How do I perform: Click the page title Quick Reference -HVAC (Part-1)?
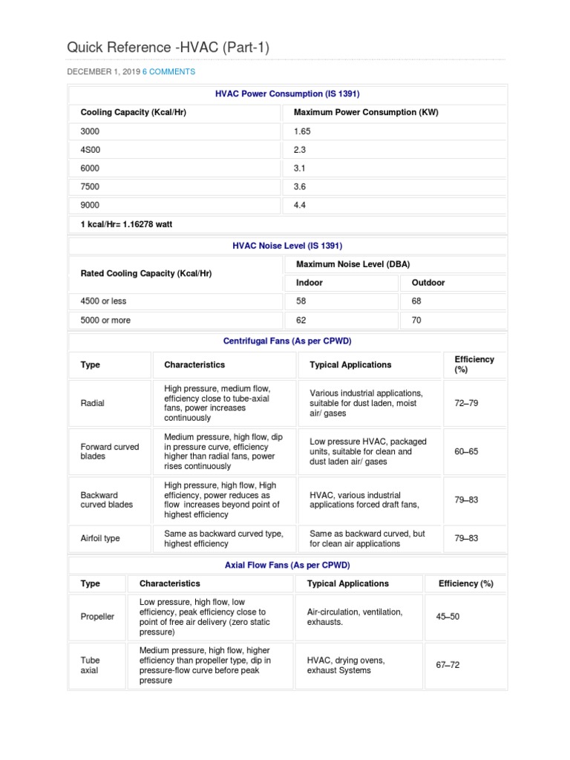click(168, 47)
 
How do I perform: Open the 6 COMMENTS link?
click(168, 72)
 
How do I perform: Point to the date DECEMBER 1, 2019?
click(103, 72)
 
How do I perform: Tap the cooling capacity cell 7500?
click(90, 186)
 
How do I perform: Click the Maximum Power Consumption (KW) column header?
click(366, 112)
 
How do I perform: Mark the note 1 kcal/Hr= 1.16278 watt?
click(126, 224)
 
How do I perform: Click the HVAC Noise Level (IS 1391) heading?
click(287, 245)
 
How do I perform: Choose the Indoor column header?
click(309, 283)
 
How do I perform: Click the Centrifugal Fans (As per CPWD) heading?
click(287, 341)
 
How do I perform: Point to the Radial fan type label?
click(92, 403)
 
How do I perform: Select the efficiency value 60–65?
click(466, 451)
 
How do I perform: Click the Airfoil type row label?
click(100, 538)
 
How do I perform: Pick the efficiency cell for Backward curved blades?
click(466, 499)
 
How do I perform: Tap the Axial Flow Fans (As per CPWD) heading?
click(287, 565)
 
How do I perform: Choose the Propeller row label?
click(97, 617)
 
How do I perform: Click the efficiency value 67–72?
click(448, 665)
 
